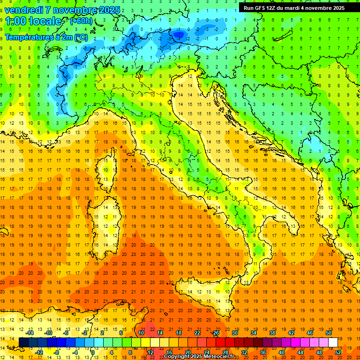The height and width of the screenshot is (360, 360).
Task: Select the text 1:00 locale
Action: point(33,21)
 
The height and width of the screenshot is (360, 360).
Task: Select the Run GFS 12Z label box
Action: point(294,8)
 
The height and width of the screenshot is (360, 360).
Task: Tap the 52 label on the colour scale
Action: point(338,352)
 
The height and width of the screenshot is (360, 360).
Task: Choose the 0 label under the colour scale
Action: point(93,352)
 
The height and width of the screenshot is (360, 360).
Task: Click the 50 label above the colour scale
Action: point(329,332)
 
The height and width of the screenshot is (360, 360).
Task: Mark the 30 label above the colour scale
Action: point(235,332)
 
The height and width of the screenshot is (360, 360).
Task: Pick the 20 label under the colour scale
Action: point(188,352)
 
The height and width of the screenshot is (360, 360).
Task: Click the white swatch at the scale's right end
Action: point(333,342)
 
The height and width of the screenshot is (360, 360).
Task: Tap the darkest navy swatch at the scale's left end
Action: point(23,342)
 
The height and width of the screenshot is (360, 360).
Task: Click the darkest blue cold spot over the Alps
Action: point(178,33)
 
